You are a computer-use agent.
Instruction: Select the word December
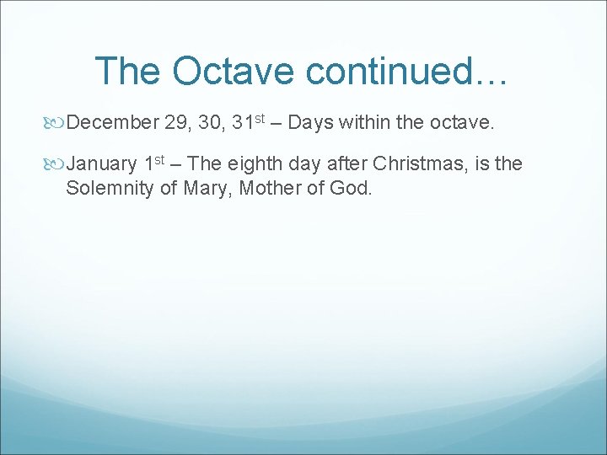112,124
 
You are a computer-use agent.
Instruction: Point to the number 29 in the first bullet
178,124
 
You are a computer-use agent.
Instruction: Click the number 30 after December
212,124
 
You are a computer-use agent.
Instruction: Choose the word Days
313,124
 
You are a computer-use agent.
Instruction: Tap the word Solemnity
109,188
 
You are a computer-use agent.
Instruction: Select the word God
350,188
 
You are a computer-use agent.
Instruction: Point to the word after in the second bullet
346,164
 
